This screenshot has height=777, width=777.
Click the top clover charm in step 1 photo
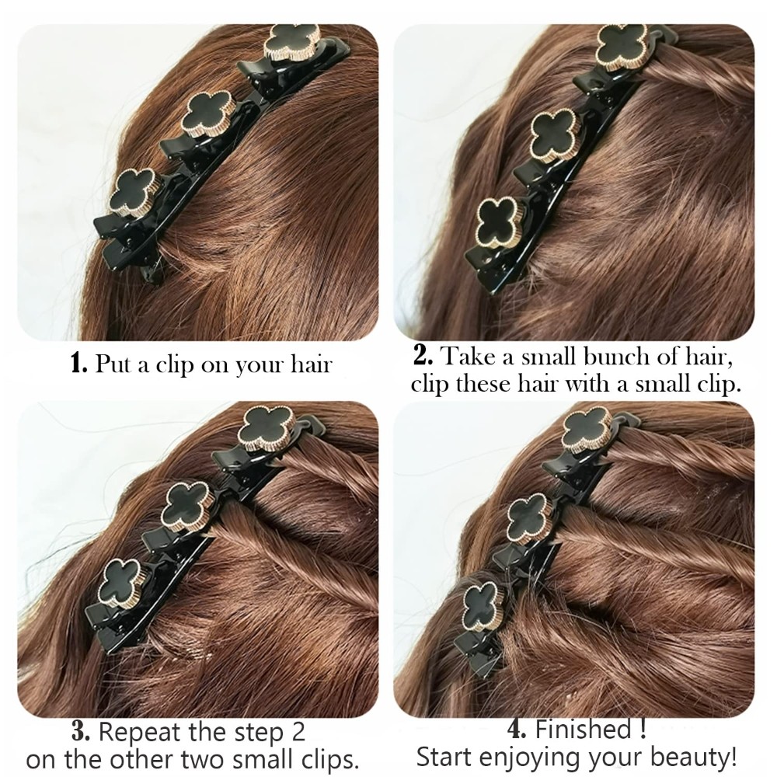pyautogui.click(x=292, y=44)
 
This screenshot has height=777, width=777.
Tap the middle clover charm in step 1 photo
pyautogui.click(x=206, y=114)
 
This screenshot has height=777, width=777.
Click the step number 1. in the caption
pyautogui.click(x=80, y=364)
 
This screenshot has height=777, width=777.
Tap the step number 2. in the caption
pyautogui.click(x=424, y=355)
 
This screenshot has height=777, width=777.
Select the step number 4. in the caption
pyautogui.click(x=519, y=729)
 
